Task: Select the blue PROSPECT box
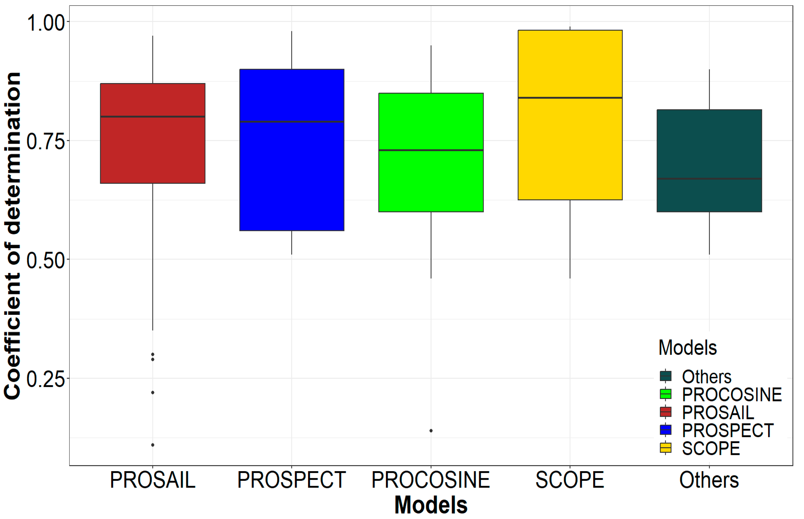pos(292,175)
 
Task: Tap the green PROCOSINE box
pos(431,182)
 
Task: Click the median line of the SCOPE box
pos(570,98)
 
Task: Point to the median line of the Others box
pos(709,179)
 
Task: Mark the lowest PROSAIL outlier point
pos(153,445)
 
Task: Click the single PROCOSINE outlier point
pos(431,431)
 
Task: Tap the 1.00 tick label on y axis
pos(45,23)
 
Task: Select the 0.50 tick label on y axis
pos(45,260)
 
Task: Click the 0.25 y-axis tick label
pos(45,379)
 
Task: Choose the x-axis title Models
pos(431,505)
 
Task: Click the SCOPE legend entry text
pos(711,448)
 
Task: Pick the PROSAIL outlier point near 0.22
pos(153,393)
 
